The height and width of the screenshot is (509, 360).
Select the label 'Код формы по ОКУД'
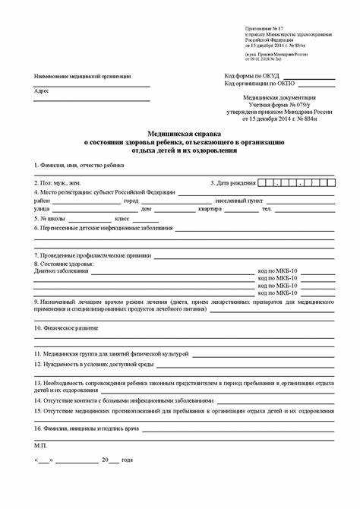click(x=251, y=76)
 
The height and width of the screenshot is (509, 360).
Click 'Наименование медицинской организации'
click(x=82, y=77)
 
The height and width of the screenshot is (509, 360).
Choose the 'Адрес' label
click(x=41, y=91)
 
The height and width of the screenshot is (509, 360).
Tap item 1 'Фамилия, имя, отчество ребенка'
click(x=79, y=165)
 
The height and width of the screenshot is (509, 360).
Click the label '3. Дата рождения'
click(x=232, y=183)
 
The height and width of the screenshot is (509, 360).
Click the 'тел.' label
click(x=267, y=209)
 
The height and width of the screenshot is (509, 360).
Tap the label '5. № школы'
click(x=54, y=218)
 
